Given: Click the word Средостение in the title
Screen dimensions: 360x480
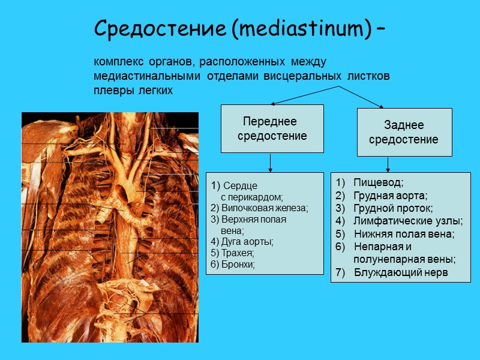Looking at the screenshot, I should (x=160, y=28).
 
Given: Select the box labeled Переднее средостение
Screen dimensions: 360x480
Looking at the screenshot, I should (x=272, y=128).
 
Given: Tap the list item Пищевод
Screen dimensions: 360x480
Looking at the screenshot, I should (x=379, y=182).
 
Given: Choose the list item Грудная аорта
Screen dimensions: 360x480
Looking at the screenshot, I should (x=390, y=196).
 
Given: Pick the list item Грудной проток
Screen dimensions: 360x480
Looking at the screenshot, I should (x=393, y=208).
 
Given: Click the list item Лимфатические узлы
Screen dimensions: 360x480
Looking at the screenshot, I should (x=408, y=221).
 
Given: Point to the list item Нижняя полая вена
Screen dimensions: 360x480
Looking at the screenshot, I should (x=404, y=234).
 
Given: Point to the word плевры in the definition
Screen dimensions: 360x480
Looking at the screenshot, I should (x=108, y=91).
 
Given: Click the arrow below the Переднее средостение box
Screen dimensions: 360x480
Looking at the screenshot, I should (x=271, y=163).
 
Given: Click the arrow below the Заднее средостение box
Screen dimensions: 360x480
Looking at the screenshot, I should (x=389, y=164).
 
